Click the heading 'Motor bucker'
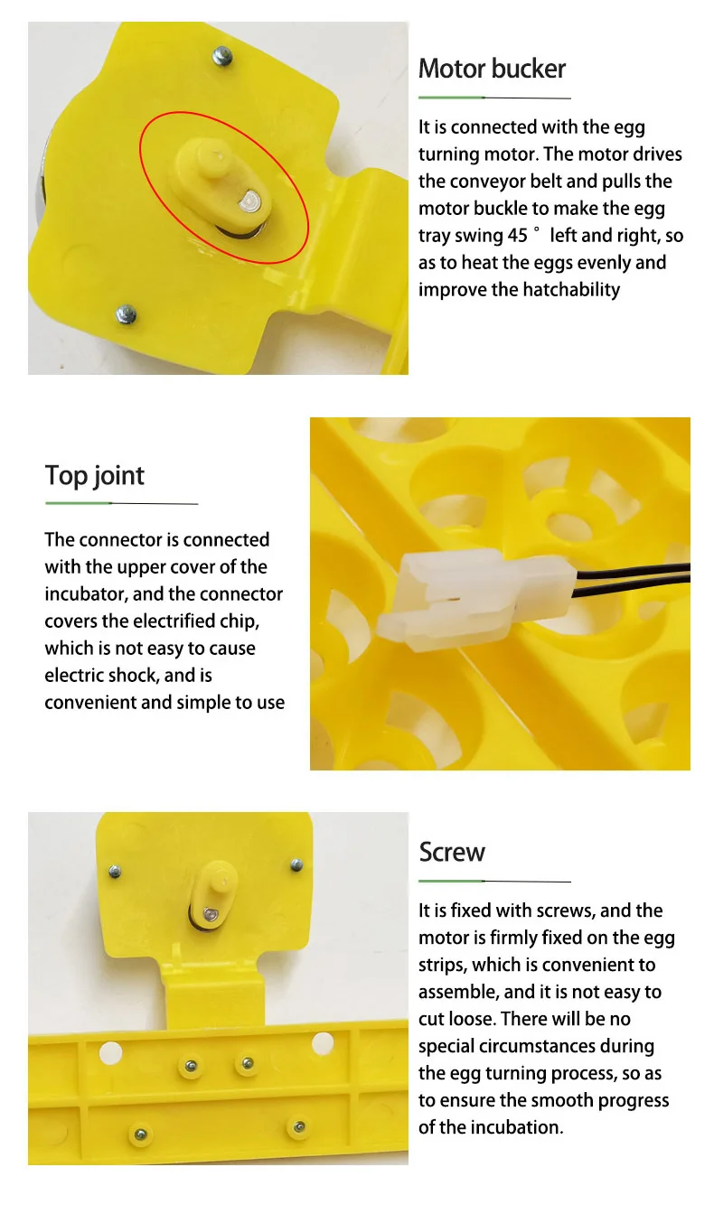pyautogui.click(x=492, y=69)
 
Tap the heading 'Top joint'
pyautogui.click(x=95, y=476)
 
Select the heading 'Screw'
pyautogui.click(x=452, y=852)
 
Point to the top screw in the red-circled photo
pyautogui.click(x=222, y=57)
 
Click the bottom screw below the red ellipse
pyautogui.click(x=126, y=313)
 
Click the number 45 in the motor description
pyautogui.click(x=520, y=236)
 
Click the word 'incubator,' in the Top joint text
pyautogui.click(x=86, y=594)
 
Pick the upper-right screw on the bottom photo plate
pyautogui.click(x=296, y=865)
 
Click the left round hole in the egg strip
pyautogui.click(x=110, y=1051)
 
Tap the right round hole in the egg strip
pyautogui.click(x=323, y=1043)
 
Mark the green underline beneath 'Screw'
pyautogui.click(x=452, y=880)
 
